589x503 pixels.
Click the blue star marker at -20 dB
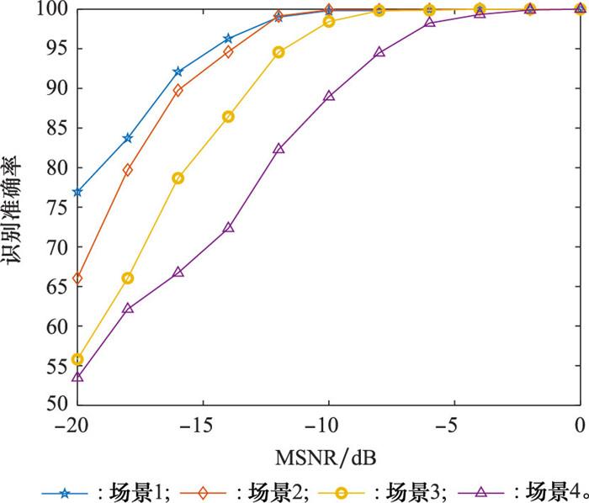pos(77,192)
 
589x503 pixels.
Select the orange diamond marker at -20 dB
pos(77,278)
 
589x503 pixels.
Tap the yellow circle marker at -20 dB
pos(77,359)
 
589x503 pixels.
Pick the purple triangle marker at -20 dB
pos(77,377)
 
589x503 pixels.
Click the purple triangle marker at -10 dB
pos(329,96)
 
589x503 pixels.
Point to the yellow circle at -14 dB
pos(228,117)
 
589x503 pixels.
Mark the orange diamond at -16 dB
pos(178,90)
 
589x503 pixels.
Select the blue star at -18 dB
pos(128,138)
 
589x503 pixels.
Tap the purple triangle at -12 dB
pos(279,148)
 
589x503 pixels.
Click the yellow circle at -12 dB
pos(279,52)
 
